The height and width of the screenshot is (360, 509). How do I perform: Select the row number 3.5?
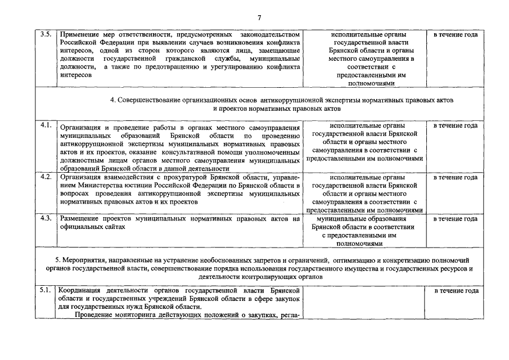pos(46,34)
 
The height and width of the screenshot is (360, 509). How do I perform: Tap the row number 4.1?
pos(46,125)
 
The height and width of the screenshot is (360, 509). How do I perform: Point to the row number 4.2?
pos(46,177)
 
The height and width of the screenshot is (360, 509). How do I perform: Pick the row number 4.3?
pos(46,218)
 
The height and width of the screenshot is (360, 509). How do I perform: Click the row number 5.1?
pos(46,290)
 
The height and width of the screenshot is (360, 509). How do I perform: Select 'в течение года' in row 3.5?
pos(455,35)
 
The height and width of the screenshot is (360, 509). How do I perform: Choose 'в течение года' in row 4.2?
pos(455,177)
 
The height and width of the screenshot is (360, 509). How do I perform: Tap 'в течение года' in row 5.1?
pos(456,291)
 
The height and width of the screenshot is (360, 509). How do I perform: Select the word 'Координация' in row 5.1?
pos(82,291)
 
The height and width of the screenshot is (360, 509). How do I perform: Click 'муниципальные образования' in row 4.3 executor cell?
pos(367,219)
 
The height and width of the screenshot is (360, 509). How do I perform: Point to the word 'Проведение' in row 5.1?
pos(100,314)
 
